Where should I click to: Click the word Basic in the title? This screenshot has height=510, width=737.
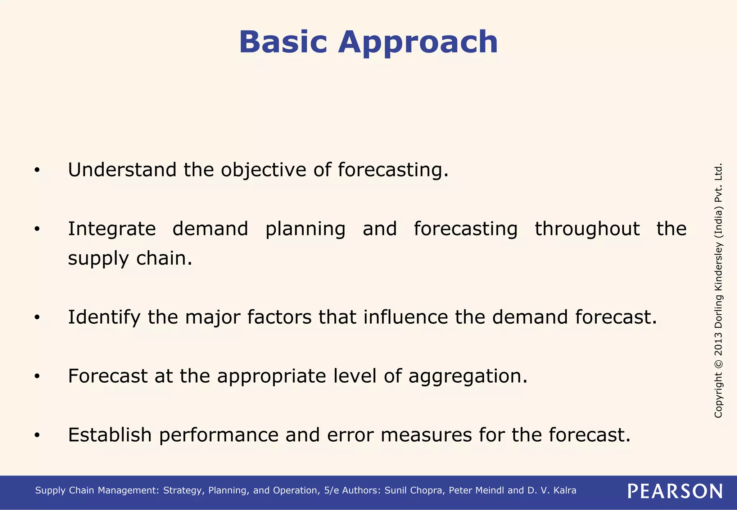(x=283, y=42)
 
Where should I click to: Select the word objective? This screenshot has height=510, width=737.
(x=263, y=170)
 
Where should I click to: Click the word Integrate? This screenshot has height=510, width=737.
(x=112, y=229)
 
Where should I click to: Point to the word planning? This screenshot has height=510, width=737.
(x=305, y=229)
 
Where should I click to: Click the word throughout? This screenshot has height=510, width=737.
(x=587, y=229)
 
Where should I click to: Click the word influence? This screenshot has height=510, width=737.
(x=406, y=317)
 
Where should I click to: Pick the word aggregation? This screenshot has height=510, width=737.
(x=467, y=377)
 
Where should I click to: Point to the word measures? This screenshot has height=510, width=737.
(x=426, y=435)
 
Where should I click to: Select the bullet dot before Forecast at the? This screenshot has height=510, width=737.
(x=37, y=377)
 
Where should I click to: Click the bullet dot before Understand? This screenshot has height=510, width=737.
(x=37, y=170)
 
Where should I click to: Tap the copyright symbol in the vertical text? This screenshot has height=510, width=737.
(x=718, y=364)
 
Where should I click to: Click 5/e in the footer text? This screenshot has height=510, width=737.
(x=331, y=491)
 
